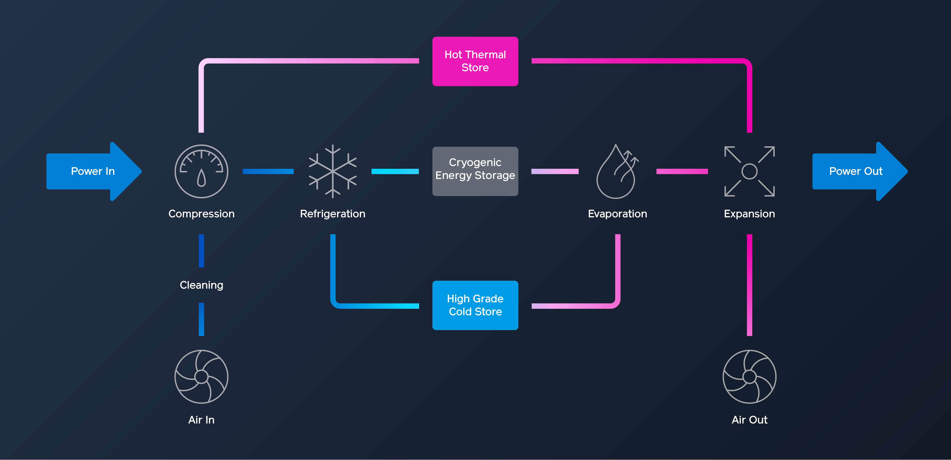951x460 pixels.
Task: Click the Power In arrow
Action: [x=92, y=171]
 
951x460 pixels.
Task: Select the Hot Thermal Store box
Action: [x=475, y=61]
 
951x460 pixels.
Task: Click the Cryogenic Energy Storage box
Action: [x=475, y=171]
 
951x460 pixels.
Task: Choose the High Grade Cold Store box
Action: [x=475, y=305]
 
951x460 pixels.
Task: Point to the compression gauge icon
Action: [x=201, y=171]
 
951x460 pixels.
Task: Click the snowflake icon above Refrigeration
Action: [x=333, y=171]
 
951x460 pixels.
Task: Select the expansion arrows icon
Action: [x=749, y=171]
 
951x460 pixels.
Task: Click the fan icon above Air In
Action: [x=201, y=377]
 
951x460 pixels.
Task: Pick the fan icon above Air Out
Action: [x=749, y=377]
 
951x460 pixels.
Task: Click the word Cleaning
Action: [x=201, y=285]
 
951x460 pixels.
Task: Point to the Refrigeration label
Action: [x=333, y=214]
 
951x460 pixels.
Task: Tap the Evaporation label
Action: [x=617, y=214]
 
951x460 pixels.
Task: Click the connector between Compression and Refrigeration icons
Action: [x=268, y=171]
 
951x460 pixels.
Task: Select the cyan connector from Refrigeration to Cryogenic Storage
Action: [x=395, y=171]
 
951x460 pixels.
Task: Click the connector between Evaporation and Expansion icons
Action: [x=682, y=171]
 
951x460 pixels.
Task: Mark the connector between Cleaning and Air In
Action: [x=201, y=319]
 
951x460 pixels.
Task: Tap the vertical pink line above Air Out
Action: [x=749, y=285]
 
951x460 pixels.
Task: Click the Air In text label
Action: [x=201, y=420]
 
